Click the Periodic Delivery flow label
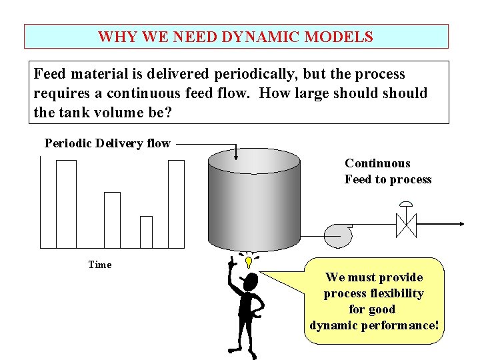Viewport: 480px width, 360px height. [107, 143]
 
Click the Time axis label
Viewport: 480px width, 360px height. [100, 265]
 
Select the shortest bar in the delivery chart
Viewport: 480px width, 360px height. [146, 231]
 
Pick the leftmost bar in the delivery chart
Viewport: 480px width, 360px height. [66, 204]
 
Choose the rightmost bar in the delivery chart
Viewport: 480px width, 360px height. [176, 204]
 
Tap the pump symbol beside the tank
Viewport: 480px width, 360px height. [337, 234]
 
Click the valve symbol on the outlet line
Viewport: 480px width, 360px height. [406, 225]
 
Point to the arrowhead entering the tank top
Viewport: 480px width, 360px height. [236, 156]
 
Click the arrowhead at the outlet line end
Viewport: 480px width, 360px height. [462, 225]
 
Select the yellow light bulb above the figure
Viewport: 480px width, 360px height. [248, 261]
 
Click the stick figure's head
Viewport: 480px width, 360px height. [250, 283]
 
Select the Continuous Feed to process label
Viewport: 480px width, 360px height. [387, 171]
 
